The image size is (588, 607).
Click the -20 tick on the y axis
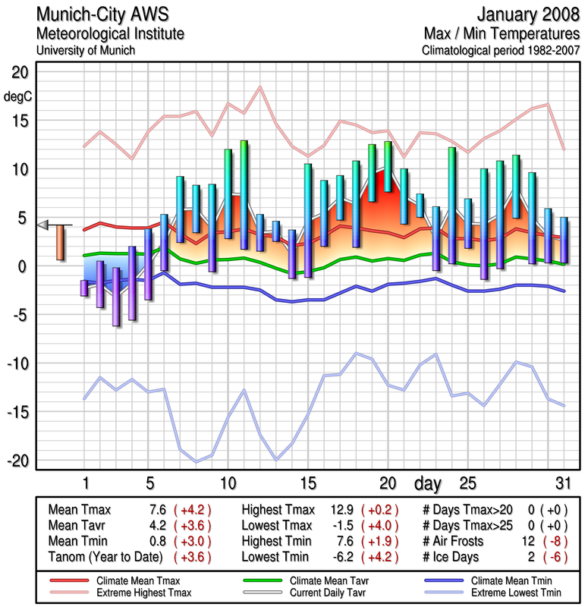click(17, 461)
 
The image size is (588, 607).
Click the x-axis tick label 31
click(561, 483)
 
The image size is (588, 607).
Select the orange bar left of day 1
click(60, 243)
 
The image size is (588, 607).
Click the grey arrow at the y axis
click(43, 225)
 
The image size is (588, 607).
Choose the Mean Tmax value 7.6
click(157, 510)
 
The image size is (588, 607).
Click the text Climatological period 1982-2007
click(500, 51)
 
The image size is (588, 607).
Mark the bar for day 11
click(244, 194)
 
